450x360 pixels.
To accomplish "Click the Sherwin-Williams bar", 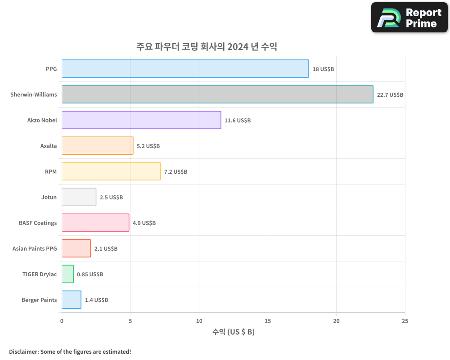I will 217,94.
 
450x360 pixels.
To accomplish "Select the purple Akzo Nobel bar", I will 141,120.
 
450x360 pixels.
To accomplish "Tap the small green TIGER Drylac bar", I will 67,274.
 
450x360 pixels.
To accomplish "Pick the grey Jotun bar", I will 79,197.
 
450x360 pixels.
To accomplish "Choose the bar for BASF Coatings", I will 95,223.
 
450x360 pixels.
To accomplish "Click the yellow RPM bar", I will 111,171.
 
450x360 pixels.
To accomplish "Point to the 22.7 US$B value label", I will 390,95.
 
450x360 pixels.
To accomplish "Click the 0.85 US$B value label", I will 90,274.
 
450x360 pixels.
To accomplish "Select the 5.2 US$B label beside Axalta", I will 148,146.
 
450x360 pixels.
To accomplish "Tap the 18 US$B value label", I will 323,69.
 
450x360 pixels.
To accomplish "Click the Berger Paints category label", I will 39,300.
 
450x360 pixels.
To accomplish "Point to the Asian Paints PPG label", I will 35,248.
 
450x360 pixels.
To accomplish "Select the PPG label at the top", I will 51,69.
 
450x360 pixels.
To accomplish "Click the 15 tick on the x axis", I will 268,321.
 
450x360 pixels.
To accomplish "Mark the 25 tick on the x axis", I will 405,321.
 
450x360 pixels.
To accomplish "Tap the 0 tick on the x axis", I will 62,321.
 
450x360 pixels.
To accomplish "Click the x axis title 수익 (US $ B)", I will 233,332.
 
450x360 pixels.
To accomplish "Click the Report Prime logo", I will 409,18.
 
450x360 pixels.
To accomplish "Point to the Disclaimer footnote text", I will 70,351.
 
